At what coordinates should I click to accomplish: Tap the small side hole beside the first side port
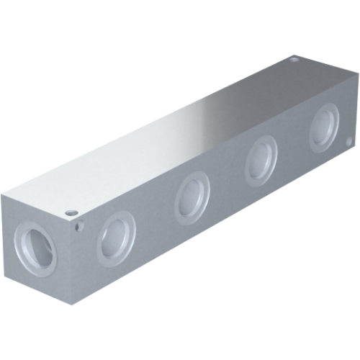pos(79,227)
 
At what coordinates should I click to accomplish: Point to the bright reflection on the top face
pos(209,115)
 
